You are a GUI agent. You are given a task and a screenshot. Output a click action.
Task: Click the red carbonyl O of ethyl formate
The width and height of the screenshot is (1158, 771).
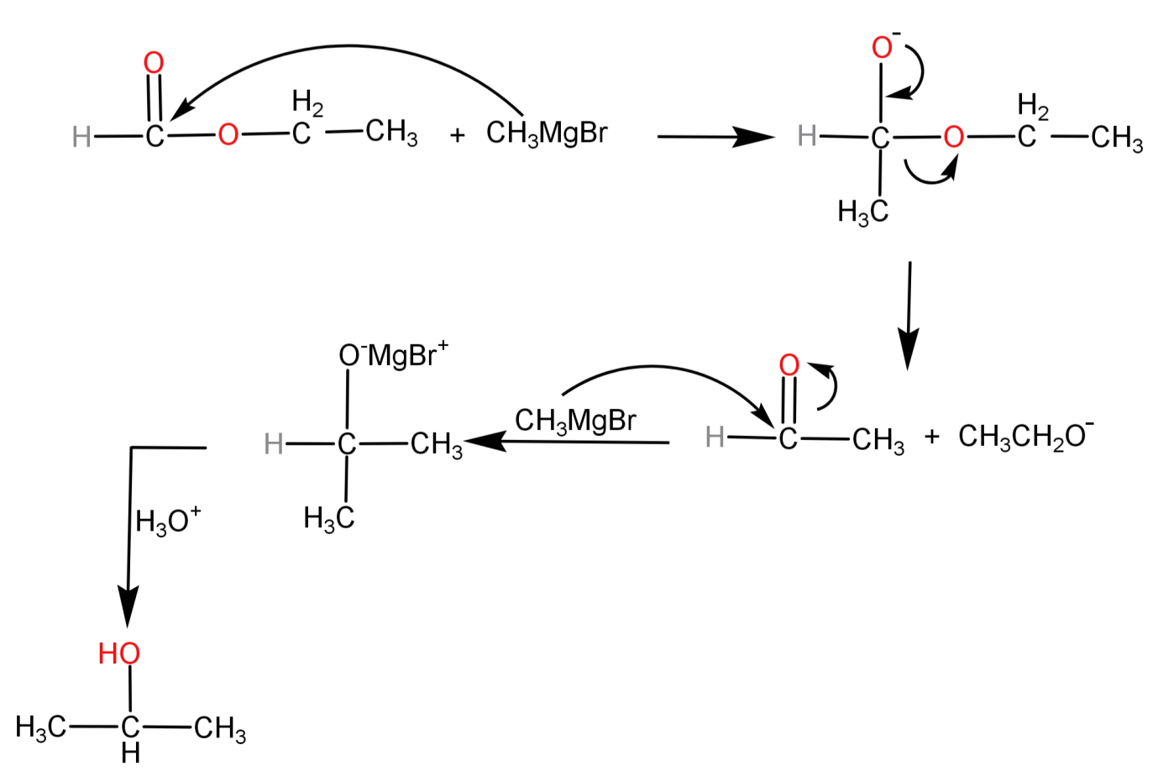154,62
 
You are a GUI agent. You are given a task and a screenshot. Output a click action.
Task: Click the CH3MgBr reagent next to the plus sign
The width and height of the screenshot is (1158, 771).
546,134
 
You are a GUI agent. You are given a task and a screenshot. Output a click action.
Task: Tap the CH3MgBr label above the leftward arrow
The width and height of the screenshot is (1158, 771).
575,420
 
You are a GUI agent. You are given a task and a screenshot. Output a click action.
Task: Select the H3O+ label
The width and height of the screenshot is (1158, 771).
168,522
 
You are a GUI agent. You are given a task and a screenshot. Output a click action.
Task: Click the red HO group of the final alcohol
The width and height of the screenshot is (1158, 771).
118,653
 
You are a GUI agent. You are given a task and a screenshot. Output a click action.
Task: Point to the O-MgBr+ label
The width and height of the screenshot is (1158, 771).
393,355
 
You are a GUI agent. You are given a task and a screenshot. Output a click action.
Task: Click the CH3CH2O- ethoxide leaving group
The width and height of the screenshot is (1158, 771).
1025,436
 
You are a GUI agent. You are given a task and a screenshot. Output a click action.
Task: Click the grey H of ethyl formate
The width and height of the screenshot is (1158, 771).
81,136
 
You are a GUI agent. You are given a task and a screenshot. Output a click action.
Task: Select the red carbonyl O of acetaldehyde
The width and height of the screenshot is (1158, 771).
789,365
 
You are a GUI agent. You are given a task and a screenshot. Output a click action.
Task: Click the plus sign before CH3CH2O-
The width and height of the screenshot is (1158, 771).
931,437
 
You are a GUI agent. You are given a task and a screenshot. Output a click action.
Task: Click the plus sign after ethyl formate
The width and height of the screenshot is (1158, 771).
457,134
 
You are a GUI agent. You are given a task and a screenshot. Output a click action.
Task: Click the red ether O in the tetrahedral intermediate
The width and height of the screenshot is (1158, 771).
953,136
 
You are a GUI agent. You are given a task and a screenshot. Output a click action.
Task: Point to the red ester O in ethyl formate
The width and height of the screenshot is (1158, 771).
228,135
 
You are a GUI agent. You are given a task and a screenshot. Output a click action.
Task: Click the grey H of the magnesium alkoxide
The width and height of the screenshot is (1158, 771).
273,443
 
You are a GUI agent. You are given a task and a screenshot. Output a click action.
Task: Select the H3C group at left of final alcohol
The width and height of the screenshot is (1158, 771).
40,727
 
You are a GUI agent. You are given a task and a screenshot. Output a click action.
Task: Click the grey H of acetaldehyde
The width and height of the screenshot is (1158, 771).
715,437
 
